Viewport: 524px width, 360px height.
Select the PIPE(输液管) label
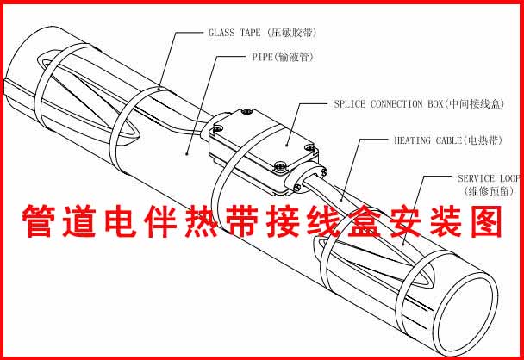(272, 57)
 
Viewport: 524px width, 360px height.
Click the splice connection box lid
(259, 138)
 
